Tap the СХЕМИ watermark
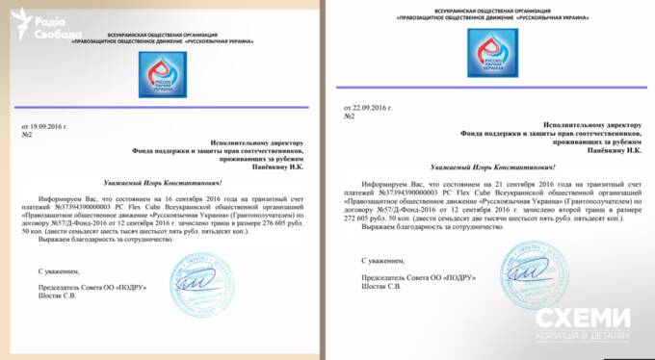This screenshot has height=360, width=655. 584,324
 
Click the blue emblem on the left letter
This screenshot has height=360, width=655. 162,74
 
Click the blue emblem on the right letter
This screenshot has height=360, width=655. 490,54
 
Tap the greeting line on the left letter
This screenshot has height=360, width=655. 163,181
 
